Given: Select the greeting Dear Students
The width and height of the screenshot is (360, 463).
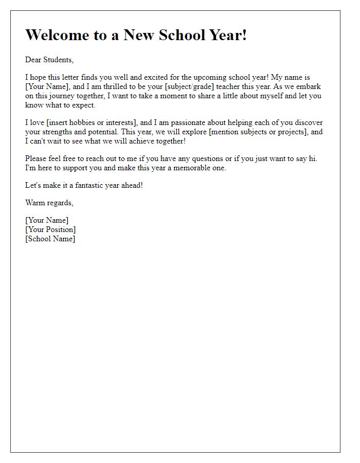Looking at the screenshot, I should [x=49, y=60].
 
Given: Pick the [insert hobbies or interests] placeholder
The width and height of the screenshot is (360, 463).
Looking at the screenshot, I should [x=89, y=122].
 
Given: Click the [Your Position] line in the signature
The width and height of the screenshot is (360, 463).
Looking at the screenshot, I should [x=50, y=229].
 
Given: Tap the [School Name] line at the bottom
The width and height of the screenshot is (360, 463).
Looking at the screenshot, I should [x=50, y=239].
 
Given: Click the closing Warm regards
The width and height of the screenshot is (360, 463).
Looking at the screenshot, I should [x=49, y=203].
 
